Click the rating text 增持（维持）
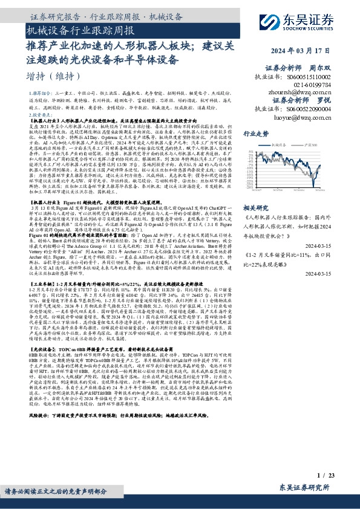(54, 76)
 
